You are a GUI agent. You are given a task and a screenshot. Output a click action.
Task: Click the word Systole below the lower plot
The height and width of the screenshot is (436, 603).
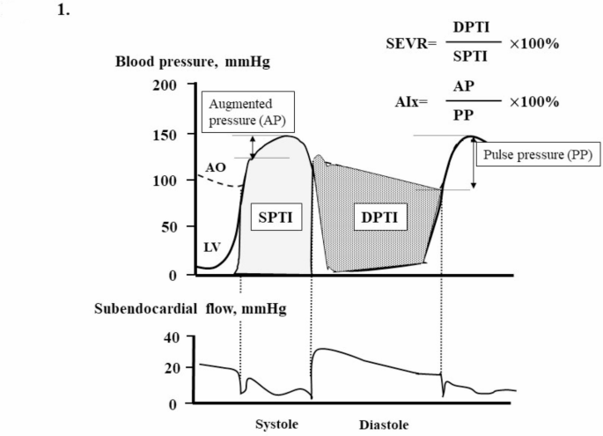coord(276,424)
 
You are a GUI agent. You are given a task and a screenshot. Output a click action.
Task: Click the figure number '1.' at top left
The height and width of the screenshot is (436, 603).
coord(63,13)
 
